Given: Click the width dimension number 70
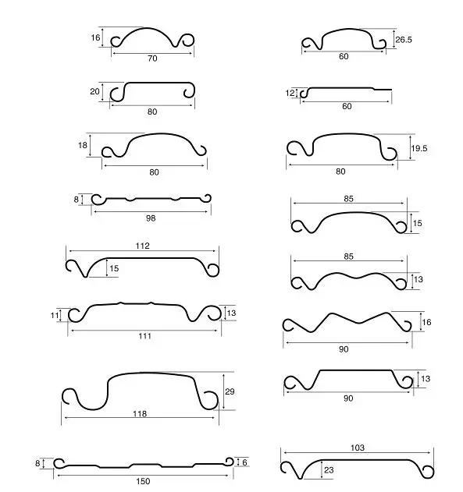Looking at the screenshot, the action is [152, 58].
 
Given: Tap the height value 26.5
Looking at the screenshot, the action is [404, 40].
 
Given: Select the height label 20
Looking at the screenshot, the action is [94, 91].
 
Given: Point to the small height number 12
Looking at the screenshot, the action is [290, 93].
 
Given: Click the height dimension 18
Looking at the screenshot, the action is [83, 145].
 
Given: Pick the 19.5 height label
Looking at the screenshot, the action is [419, 148].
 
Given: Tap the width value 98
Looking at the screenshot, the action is [151, 218].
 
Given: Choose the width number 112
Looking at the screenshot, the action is [143, 246].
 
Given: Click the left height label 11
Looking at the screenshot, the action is [55, 315].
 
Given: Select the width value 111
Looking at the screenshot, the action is [144, 336].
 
